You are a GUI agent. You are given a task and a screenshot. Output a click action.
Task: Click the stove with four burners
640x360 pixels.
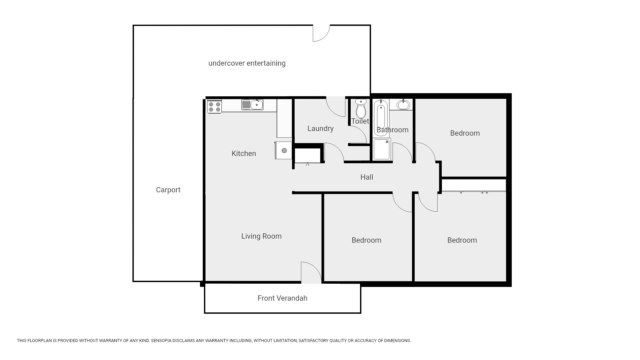pyautogui.click(x=214, y=106)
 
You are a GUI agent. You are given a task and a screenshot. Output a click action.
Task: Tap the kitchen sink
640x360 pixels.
pyautogui.click(x=252, y=105)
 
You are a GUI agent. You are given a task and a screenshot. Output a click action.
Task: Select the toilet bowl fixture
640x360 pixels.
pyautogui.click(x=361, y=108)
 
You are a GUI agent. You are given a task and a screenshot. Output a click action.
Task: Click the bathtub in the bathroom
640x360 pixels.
pyautogui.click(x=381, y=118)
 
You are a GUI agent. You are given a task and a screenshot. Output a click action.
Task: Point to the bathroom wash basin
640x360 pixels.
pyautogui.click(x=403, y=105)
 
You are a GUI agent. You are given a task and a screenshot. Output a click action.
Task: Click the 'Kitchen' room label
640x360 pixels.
pyautogui.click(x=244, y=154)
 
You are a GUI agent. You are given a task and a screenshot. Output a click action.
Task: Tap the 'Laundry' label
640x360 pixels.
pyautogui.click(x=320, y=129)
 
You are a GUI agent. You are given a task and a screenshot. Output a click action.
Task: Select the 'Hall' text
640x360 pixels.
pyautogui.click(x=367, y=177)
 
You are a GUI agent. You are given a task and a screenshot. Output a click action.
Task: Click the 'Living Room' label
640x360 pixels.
pyautogui.click(x=261, y=236)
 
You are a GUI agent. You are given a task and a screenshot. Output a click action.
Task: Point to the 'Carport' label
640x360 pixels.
pyautogui.click(x=168, y=190)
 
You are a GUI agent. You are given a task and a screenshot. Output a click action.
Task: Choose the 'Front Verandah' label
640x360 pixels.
pyautogui.click(x=282, y=298)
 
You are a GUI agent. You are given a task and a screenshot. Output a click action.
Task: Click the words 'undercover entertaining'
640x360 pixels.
pyautogui.click(x=247, y=63)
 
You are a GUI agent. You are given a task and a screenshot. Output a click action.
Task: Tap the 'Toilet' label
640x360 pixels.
pyautogui.click(x=360, y=121)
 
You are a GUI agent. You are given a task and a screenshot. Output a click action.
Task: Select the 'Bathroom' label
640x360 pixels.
pyautogui.click(x=392, y=130)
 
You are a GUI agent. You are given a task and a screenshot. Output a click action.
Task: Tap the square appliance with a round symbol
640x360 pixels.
pyautogui.click(x=283, y=150)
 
